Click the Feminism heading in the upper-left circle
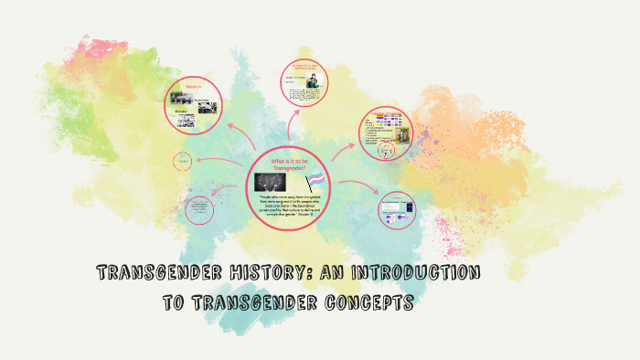(x=193, y=87)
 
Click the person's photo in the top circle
(x=313, y=83)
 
